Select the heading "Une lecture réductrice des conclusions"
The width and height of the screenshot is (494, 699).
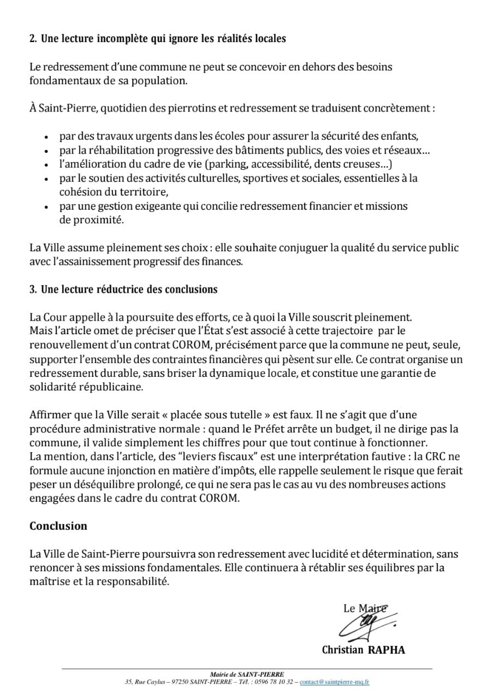click(129, 289)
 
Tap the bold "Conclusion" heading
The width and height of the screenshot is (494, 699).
click(58, 526)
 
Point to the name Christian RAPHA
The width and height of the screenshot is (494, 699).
click(364, 650)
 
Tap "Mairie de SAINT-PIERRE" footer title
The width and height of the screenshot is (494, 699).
click(247, 674)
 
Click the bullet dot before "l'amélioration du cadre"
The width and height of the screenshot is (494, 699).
click(46, 164)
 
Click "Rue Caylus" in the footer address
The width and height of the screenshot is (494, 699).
click(148, 682)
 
